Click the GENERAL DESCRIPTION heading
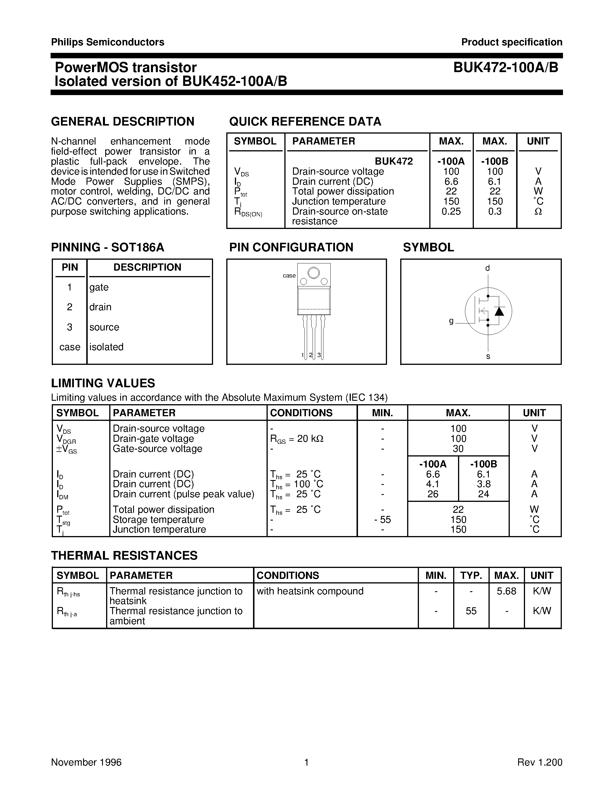(x=123, y=122)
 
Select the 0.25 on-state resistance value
(x=451, y=212)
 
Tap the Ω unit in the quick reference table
(x=538, y=212)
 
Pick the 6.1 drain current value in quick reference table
(x=495, y=182)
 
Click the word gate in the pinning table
(x=99, y=287)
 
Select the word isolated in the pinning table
(x=106, y=347)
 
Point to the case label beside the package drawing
(x=289, y=275)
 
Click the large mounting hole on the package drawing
(x=313, y=272)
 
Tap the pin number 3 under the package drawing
(x=319, y=355)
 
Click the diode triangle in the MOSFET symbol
(x=499, y=311)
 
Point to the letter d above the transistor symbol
(x=488, y=268)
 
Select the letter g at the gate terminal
(x=451, y=321)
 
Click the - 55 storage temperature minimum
(x=383, y=520)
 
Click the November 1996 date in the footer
(x=86, y=762)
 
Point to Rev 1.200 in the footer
(x=540, y=762)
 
